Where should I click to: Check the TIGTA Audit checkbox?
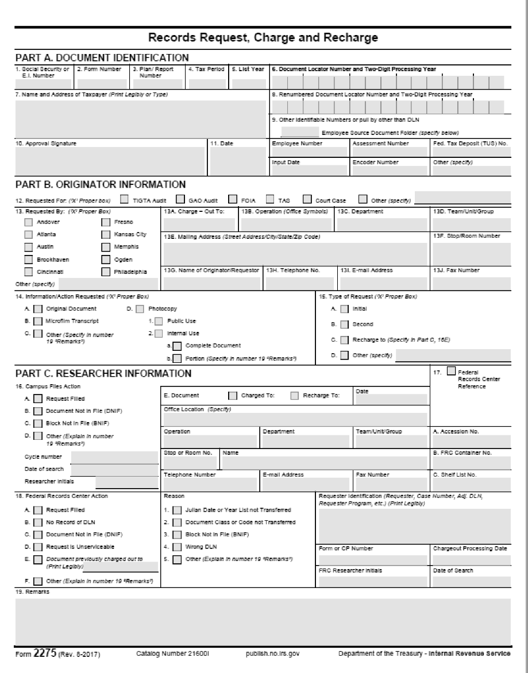pyautogui.click(x=125, y=199)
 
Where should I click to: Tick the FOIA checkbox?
pyautogui.click(x=233, y=199)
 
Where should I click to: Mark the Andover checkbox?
pyautogui.click(x=29, y=222)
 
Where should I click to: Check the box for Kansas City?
pyautogui.click(x=106, y=234)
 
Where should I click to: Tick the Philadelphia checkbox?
pyautogui.click(x=106, y=271)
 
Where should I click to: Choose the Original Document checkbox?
pyautogui.click(x=38, y=308)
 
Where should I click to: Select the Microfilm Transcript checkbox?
pyautogui.click(x=38, y=320)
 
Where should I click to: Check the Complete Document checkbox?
pyautogui.click(x=178, y=345)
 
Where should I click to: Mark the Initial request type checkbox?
pyautogui.click(x=344, y=308)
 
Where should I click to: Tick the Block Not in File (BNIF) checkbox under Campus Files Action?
pyautogui.click(x=38, y=423)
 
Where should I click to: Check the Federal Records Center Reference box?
pyautogui.click(x=451, y=370)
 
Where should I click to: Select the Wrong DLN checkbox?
pyautogui.click(x=178, y=546)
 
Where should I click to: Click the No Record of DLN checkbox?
pyautogui.click(x=38, y=522)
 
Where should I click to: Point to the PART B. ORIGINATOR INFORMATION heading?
pyautogui.click(x=101, y=184)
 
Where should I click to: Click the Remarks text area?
pyautogui.click(x=263, y=621)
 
